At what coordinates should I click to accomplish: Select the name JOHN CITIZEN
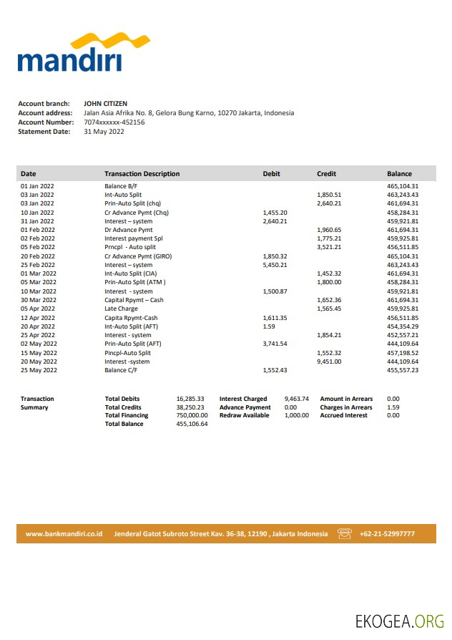tap(105, 104)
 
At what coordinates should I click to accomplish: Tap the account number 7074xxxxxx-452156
tap(114, 122)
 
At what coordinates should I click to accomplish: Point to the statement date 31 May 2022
tap(104, 132)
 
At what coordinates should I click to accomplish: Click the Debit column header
tap(272, 174)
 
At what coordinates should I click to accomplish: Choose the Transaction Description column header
tap(142, 174)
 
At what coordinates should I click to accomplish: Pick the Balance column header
tap(399, 174)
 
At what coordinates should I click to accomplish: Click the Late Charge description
tap(121, 309)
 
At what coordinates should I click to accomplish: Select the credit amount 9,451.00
tap(329, 362)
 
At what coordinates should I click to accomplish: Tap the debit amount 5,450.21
tap(275, 265)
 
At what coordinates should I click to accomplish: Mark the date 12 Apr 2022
tap(37, 318)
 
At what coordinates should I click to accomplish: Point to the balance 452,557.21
tap(402, 335)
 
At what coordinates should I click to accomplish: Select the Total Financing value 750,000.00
tap(192, 415)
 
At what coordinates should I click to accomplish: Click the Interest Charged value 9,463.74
tap(296, 399)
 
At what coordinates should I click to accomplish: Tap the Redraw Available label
tap(244, 415)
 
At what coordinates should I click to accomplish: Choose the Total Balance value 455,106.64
tap(192, 424)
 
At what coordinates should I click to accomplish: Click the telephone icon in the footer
tap(345, 533)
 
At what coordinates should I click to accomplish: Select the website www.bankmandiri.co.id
tap(64, 533)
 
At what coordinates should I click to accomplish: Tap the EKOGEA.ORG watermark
tap(399, 620)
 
